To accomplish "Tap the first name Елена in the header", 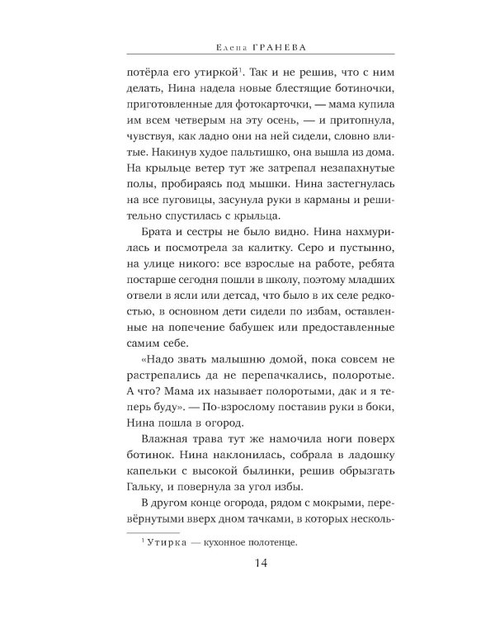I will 217,48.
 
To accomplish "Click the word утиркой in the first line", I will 210,72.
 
